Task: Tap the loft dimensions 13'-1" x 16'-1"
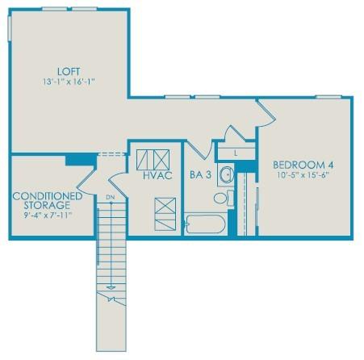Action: click(69, 82)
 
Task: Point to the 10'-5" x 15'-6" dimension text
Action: click(303, 175)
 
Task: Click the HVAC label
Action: click(157, 175)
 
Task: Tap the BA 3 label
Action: click(200, 175)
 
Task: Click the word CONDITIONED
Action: click(48, 196)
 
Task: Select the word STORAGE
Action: click(47, 205)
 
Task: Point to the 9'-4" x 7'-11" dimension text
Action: click(48, 216)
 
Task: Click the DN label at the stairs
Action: click(111, 197)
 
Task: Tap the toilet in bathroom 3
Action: click(224, 198)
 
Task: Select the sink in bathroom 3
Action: click(226, 174)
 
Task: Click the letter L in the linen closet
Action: click(236, 153)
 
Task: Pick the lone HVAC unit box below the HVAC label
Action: click(165, 214)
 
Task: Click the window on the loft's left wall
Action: click(10, 28)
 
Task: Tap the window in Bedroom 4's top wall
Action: click(328, 97)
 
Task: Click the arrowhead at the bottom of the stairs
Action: click(111, 287)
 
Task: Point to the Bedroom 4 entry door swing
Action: click(266, 114)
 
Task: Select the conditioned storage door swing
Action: click(86, 181)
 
